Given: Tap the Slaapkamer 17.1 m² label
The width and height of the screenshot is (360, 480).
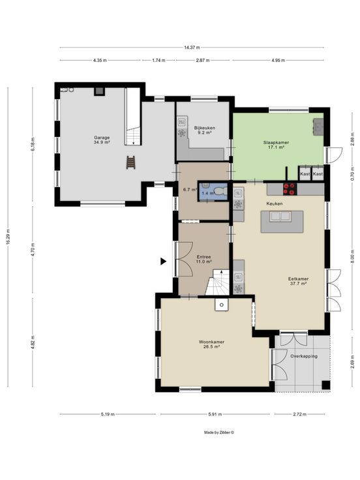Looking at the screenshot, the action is pyautogui.click(x=276, y=145).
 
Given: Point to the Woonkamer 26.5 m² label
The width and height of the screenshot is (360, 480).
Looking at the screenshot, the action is pyautogui.click(x=211, y=344).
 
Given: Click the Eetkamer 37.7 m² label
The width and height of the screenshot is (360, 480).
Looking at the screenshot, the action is pyautogui.click(x=298, y=281).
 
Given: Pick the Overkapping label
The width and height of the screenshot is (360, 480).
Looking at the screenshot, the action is pyautogui.click(x=304, y=356).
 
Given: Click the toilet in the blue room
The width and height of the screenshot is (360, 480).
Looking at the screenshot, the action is pyautogui.click(x=220, y=191).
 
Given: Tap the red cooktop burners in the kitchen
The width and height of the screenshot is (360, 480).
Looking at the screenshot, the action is pyautogui.click(x=290, y=189).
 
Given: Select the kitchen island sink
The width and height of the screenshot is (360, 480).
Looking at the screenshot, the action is pyautogui.click(x=280, y=217).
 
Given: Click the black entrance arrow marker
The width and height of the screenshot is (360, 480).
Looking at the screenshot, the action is pyautogui.click(x=164, y=261).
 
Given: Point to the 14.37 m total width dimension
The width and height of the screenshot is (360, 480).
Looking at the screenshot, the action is pyautogui.click(x=192, y=48).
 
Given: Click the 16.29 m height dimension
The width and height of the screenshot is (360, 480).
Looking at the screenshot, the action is pyautogui.click(x=8, y=237).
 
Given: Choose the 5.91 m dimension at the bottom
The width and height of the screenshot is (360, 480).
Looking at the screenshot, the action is pyautogui.click(x=215, y=414).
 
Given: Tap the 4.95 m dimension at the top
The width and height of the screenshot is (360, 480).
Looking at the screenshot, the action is pyautogui.click(x=278, y=60).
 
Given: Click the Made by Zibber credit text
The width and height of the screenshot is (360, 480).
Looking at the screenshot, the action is pyautogui.click(x=219, y=432).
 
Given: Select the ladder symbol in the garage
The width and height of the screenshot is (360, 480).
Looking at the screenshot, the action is pyautogui.click(x=130, y=162).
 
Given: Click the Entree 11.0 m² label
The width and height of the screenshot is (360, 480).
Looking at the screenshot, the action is pyautogui.click(x=204, y=260).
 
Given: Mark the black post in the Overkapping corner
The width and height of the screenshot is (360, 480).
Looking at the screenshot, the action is pyautogui.click(x=325, y=385).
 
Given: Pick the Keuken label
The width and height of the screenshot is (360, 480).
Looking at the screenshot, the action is pyautogui.click(x=275, y=203).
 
